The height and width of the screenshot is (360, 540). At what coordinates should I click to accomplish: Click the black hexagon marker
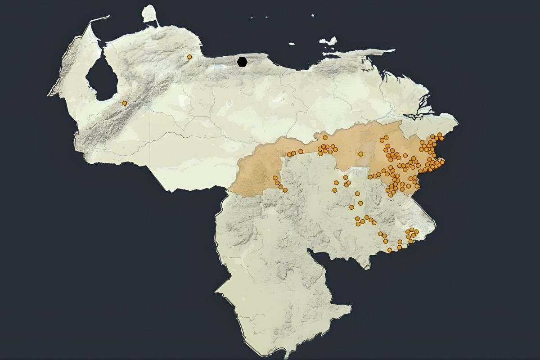click(242, 62)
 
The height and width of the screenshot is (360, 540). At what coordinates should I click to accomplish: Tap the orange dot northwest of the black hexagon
click(189, 57)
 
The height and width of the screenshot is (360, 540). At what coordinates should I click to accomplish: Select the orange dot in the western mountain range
click(125, 103)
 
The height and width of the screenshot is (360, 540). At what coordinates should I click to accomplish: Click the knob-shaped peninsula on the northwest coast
click(148, 13)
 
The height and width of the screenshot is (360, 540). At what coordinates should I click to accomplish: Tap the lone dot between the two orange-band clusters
click(360, 154)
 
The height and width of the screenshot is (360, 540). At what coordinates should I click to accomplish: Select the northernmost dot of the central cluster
click(325, 137)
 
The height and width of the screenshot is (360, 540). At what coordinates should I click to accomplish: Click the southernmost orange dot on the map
click(390, 250)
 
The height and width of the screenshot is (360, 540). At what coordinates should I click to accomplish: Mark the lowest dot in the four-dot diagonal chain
click(285, 190)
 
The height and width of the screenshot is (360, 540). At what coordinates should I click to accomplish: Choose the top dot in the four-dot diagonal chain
click(275, 178)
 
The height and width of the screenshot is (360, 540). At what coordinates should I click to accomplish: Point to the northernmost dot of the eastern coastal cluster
click(439, 135)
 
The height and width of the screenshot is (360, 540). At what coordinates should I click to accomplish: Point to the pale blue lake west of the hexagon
click(219, 67)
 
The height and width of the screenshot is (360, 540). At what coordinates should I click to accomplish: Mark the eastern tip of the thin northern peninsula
click(393, 50)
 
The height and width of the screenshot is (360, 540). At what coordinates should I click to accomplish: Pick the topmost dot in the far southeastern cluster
click(412, 229)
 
